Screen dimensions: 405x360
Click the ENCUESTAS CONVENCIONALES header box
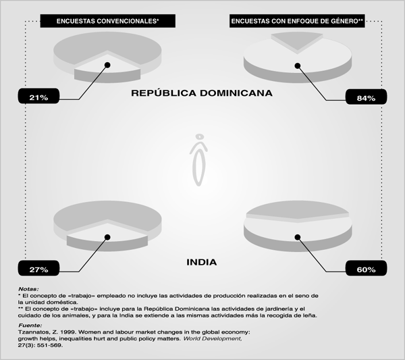108,21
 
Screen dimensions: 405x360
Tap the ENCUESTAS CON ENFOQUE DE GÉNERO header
297,21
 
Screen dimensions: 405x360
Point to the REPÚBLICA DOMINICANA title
202,93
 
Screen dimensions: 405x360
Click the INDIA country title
202,262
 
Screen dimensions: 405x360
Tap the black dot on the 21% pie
107,65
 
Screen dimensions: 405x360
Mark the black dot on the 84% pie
298,66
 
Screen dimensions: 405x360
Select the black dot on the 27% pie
107,237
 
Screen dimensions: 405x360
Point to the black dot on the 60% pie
298,237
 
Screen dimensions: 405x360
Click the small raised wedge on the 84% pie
297,40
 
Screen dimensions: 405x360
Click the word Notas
28,289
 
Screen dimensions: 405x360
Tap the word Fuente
30,326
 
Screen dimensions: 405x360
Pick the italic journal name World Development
213,338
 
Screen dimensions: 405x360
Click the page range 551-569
50,345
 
